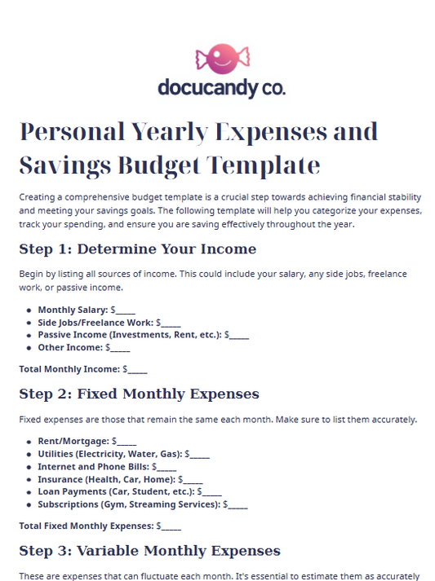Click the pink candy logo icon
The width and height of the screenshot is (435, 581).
click(222, 59)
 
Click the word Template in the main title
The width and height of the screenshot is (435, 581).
click(262, 165)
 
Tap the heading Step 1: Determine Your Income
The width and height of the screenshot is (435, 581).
click(137, 249)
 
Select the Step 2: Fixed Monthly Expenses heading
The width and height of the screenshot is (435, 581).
click(139, 394)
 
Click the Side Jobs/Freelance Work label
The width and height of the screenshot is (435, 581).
click(95, 323)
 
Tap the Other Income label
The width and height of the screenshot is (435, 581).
click(69, 347)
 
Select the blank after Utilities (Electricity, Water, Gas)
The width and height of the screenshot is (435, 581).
click(199, 454)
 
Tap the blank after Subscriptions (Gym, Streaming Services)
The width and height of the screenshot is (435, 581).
click(237, 505)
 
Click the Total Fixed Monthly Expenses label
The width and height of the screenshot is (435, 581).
click(86, 526)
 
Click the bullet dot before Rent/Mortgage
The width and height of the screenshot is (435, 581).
click(29, 442)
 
